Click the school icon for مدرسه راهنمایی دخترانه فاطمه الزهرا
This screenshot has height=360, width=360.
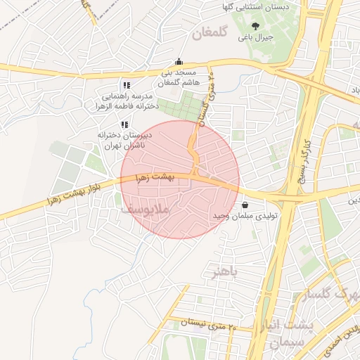pyautogui.click(x=126, y=86)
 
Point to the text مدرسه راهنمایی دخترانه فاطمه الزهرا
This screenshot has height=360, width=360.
pyautogui.click(x=128, y=101)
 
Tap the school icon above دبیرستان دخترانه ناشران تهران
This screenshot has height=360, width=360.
pyautogui.click(x=124, y=124)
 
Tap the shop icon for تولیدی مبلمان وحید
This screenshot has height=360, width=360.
pyautogui.click(x=244, y=205)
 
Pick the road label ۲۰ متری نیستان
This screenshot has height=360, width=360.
pyautogui.click(x=210, y=323)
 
